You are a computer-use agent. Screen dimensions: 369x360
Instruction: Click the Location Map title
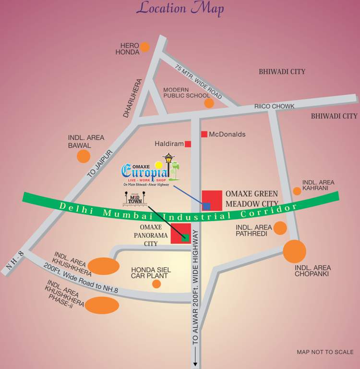tap(180, 8)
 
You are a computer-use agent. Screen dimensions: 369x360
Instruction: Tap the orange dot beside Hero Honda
tap(144, 47)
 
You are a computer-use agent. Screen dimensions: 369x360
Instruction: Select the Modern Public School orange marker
tap(209, 103)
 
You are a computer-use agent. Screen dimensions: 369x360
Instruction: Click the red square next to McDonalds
tap(204, 134)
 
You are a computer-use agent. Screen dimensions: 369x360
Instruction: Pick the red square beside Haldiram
tap(188, 144)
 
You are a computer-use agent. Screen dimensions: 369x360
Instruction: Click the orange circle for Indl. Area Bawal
tap(84, 156)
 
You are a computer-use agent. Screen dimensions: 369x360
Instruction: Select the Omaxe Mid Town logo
tap(135, 198)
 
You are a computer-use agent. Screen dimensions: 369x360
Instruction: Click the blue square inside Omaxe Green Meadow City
tap(206, 206)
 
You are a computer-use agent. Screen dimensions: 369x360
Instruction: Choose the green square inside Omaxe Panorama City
tap(185, 236)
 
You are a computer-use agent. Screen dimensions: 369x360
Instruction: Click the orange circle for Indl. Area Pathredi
tap(280, 228)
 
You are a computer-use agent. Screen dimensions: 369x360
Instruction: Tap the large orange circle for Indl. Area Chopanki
tap(294, 251)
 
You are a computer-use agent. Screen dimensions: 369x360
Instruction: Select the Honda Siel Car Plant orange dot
tap(156, 284)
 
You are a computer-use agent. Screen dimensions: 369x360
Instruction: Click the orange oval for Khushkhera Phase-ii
tap(102, 305)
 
